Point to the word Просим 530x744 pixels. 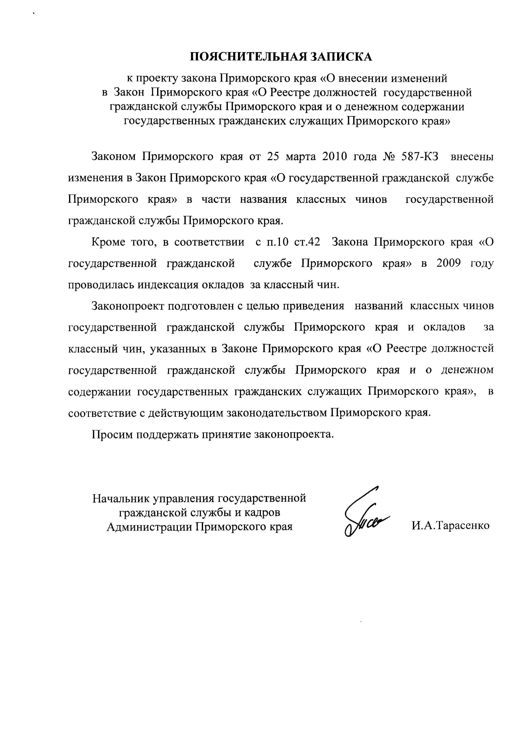[111, 434]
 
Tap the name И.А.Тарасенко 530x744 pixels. [450, 526]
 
